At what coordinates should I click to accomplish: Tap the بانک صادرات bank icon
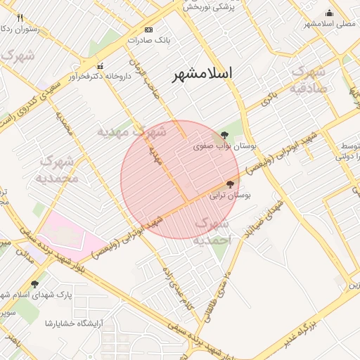click(148, 30)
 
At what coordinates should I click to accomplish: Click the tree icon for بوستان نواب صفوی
click(224, 134)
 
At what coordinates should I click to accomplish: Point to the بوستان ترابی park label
click(231, 198)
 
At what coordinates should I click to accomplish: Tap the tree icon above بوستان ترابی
click(231, 184)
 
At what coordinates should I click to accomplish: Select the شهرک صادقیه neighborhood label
click(308, 79)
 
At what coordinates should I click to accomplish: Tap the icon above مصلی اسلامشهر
click(330, 12)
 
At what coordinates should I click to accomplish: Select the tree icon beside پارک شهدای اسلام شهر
click(34, 284)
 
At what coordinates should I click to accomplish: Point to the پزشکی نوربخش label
click(209, 7)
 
